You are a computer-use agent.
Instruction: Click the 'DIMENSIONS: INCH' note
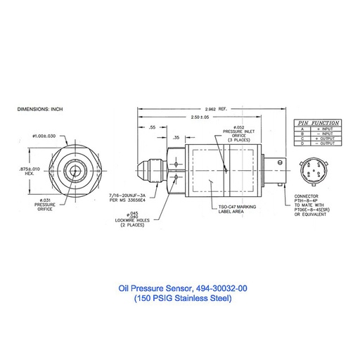pos(39,110)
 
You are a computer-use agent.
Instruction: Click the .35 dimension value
pos(176,137)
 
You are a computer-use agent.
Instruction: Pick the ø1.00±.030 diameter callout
pos(44,135)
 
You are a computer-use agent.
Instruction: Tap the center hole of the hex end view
pos(72,170)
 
